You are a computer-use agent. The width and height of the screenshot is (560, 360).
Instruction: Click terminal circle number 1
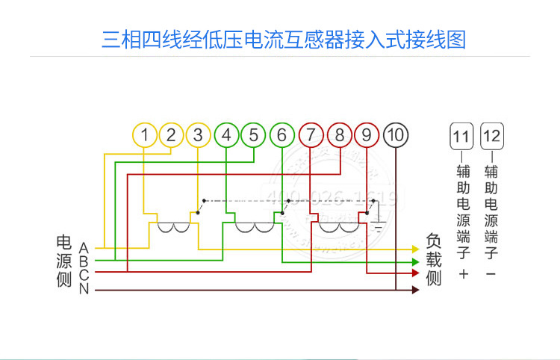(145, 135)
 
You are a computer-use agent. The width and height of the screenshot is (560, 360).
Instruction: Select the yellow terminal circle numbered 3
(198, 135)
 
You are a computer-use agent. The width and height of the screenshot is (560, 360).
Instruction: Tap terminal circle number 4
(226, 135)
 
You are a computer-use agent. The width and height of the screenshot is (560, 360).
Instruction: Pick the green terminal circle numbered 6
(281, 135)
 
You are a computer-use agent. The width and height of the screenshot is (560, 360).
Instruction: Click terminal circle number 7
(310, 135)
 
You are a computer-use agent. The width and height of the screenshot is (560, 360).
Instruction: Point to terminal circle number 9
(367, 135)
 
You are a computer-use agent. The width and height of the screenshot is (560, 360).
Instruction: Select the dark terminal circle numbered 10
(396, 135)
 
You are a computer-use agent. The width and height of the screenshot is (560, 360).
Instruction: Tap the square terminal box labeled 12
(491, 137)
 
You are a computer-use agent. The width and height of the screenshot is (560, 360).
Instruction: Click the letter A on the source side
(84, 247)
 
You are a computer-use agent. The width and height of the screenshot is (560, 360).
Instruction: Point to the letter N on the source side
(84, 289)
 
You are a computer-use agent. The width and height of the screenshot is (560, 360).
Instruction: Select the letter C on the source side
(84, 275)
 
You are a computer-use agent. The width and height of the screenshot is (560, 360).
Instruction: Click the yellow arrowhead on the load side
(416, 248)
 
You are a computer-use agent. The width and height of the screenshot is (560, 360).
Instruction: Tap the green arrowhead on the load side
(416, 262)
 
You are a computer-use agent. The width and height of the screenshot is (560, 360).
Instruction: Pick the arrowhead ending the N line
(416, 289)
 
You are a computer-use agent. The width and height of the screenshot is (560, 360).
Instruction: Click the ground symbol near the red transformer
(379, 225)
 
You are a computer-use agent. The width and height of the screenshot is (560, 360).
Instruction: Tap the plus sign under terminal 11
(463, 275)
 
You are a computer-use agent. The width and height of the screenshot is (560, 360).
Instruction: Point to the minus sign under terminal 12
(491, 275)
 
